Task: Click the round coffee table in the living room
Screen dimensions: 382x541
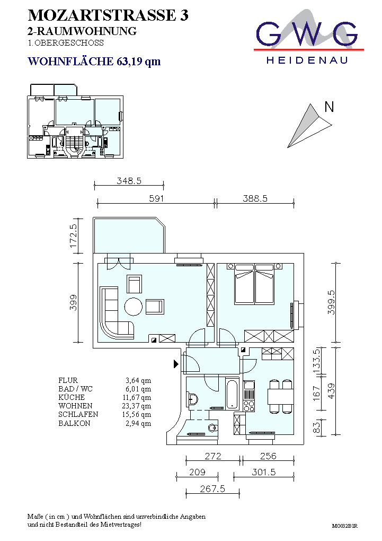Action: point(134,307)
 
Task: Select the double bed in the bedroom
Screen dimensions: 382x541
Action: point(254,284)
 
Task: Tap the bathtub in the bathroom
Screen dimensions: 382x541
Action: point(232,394)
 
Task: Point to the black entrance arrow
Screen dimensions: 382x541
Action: point(176,363)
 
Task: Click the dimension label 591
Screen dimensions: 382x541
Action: point(156,198)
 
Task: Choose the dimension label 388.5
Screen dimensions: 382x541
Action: point(255,198)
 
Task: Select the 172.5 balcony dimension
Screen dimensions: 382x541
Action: point(73,235)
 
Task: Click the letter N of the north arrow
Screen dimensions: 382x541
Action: point(329,107)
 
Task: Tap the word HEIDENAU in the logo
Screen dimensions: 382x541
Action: point(307,60)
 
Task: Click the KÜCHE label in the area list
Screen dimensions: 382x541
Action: point(72,397)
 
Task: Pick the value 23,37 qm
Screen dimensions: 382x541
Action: point(137,406)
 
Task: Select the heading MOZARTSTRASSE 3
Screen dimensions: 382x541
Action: point(108,15)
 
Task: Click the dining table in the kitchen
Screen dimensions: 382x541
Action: point(281,396)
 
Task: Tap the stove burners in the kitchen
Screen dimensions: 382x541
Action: point(249,405)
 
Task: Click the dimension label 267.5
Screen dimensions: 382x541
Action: point(212,488)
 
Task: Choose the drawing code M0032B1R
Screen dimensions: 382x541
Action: point(344,526)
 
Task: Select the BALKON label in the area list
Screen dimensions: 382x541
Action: point(74,423)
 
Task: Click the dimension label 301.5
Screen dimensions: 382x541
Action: point(264,472)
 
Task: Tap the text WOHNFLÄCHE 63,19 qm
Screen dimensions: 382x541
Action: point(94,62)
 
